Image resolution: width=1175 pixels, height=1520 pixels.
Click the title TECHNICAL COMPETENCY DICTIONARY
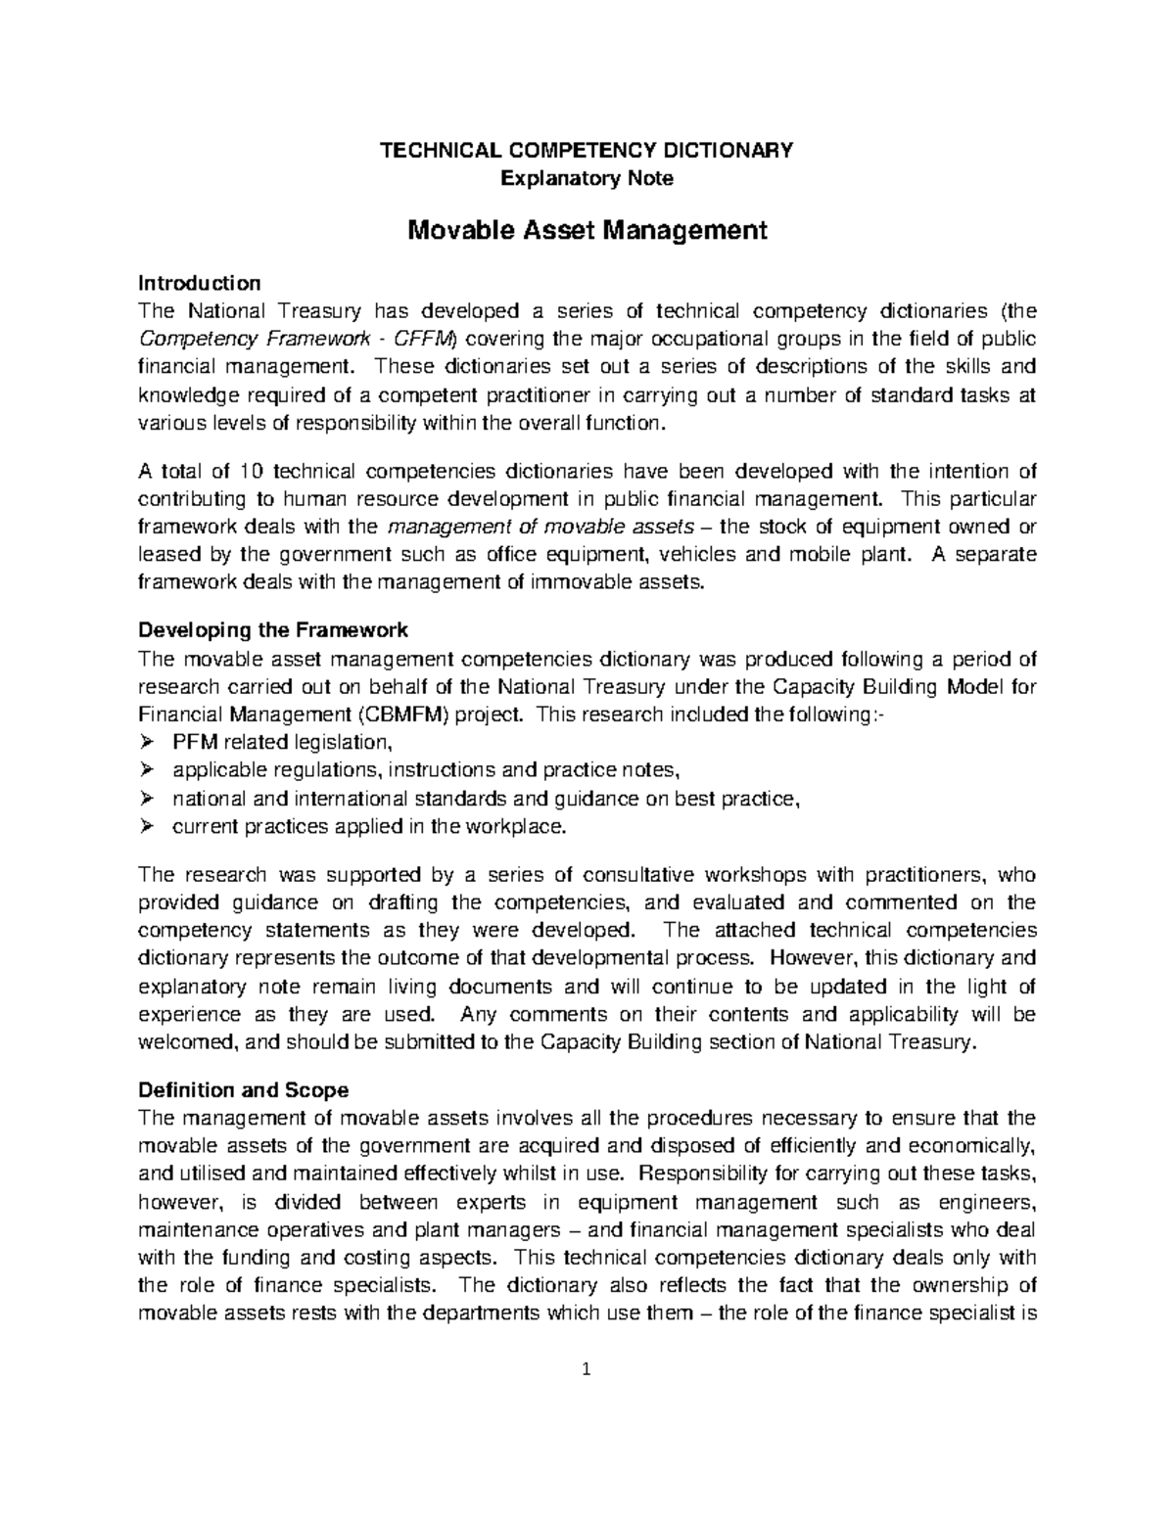tap(587, 150)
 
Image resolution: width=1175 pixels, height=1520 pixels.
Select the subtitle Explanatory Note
tap(587, 178)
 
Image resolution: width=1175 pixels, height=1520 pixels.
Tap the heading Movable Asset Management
tap(587, 231)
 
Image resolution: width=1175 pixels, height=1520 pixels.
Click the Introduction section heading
tap(199, 284)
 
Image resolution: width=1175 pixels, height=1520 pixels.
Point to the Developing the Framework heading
tap(273, 628)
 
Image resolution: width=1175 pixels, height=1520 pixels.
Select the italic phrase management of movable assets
tap(497, 527)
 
